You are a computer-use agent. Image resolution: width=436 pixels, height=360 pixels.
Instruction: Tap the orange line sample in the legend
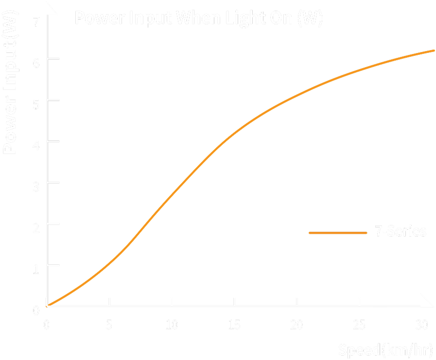click(x=338, y=233)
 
